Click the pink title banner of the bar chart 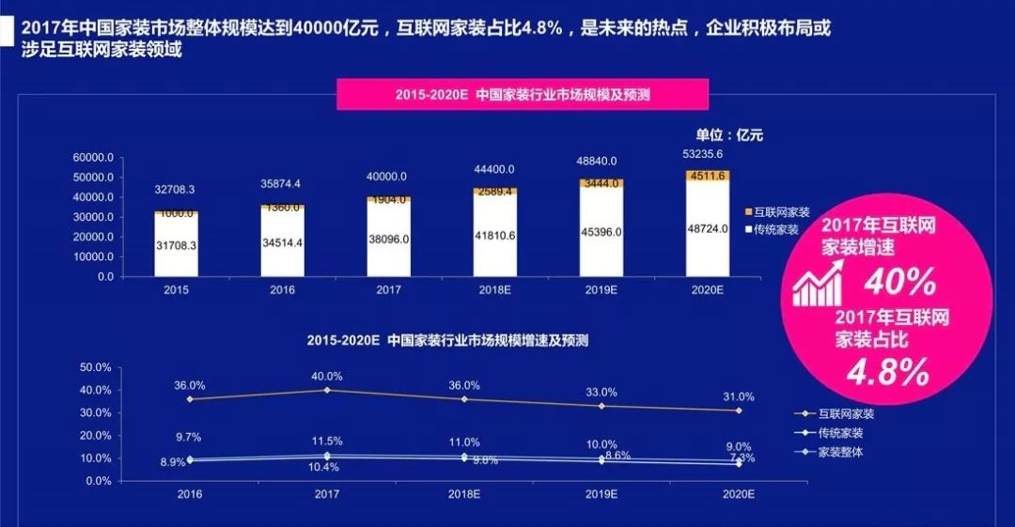[x=523, y=95]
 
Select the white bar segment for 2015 [x=176, y=246]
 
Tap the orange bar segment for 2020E [x=707, y=175]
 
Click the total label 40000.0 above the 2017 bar [x=387, y=177]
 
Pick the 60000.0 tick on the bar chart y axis [x=93, y=157]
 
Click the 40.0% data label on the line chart [x=328, y=377]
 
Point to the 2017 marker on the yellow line [x=327, y=390]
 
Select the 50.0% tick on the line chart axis [x=97, y=367]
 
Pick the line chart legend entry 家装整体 [x=840, y=453]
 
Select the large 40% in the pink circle [x=899, y=281]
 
